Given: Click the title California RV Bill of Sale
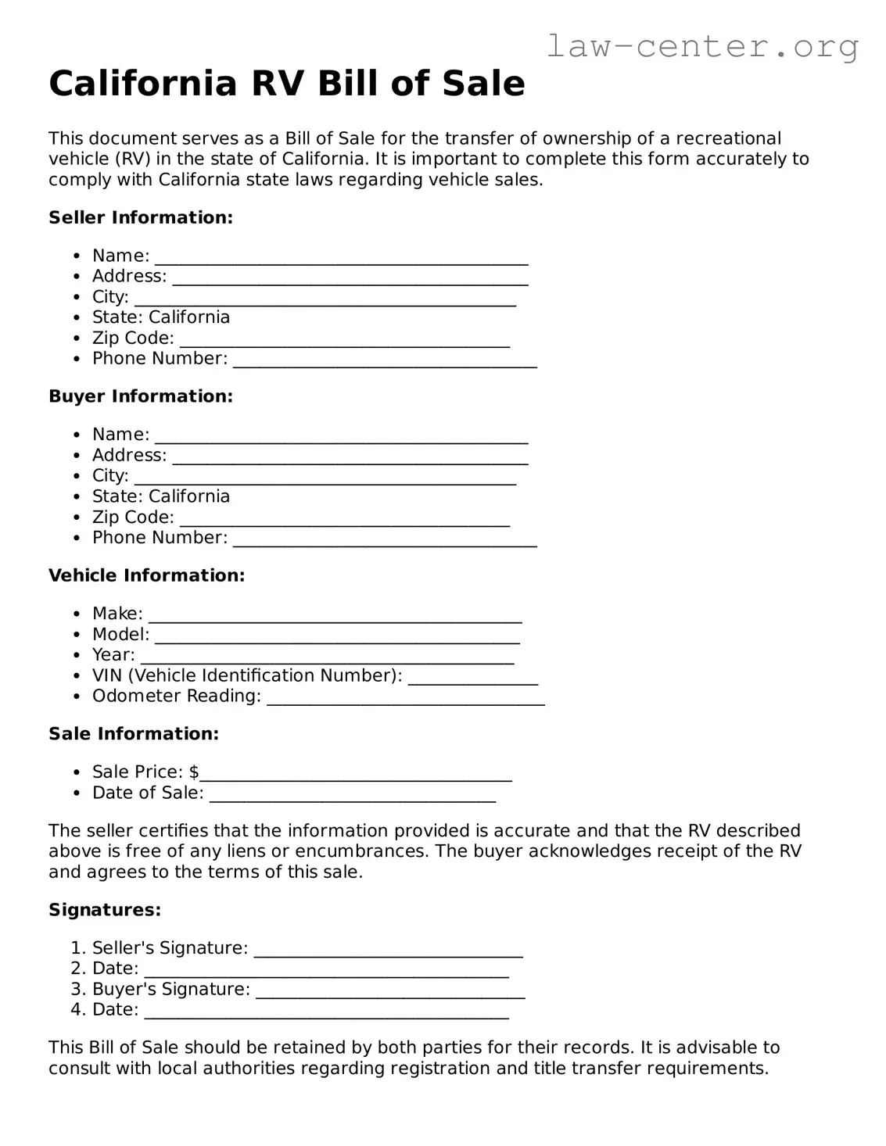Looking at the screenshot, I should coord(286,84).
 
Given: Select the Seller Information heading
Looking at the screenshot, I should coord(141,217).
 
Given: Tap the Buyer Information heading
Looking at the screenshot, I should coord(141,396).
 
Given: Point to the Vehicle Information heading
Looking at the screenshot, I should coord(146,575).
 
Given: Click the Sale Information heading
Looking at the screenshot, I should coord(134,734).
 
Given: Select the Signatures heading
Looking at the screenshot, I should coord(105,910).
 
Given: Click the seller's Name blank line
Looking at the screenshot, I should coord(341,259).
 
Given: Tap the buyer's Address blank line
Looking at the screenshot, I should coord(350,458).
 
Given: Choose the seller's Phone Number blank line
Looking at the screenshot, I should coord(385,361).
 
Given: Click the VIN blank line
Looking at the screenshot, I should coord(472,679).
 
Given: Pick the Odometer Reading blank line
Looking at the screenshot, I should coord(405,699).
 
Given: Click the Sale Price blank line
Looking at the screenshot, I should coord(356,775).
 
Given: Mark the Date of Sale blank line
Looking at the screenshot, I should coord(353,796).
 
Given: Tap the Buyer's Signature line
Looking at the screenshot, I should coord(390,992).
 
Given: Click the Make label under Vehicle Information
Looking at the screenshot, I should coord(117,614).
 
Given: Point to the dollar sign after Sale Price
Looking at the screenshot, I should coord(194,772).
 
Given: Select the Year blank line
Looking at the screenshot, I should coord(327,657).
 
